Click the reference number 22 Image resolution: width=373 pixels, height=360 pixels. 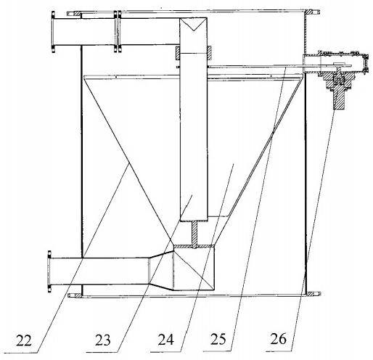click(24, 340)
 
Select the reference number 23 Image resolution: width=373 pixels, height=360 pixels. click(102, 340)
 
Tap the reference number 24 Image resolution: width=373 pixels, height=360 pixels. click(166, 339)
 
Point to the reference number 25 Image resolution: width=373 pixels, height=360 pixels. click(218, 339)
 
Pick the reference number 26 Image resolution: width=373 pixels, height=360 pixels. click(278, 338)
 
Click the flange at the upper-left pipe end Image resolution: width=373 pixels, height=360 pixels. click(53, 32)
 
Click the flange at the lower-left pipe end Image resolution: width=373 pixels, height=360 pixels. click(49, 271)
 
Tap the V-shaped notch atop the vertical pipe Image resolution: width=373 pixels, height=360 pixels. click(193, 24)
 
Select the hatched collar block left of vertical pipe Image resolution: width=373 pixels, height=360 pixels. click(178, 53)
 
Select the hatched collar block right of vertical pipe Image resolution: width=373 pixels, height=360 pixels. click(210, 53)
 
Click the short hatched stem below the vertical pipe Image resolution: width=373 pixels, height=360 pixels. click(194, 234)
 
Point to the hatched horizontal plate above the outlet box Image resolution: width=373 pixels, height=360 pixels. click(194, 246)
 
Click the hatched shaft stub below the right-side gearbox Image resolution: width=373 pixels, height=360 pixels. click(339, 100)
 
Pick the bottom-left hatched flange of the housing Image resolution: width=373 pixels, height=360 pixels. click(75, 295)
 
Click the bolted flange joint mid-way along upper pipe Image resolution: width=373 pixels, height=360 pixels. click(118, 31)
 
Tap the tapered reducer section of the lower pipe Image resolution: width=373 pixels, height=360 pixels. click(161, 271)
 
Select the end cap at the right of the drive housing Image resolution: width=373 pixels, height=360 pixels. click(366, 63)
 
